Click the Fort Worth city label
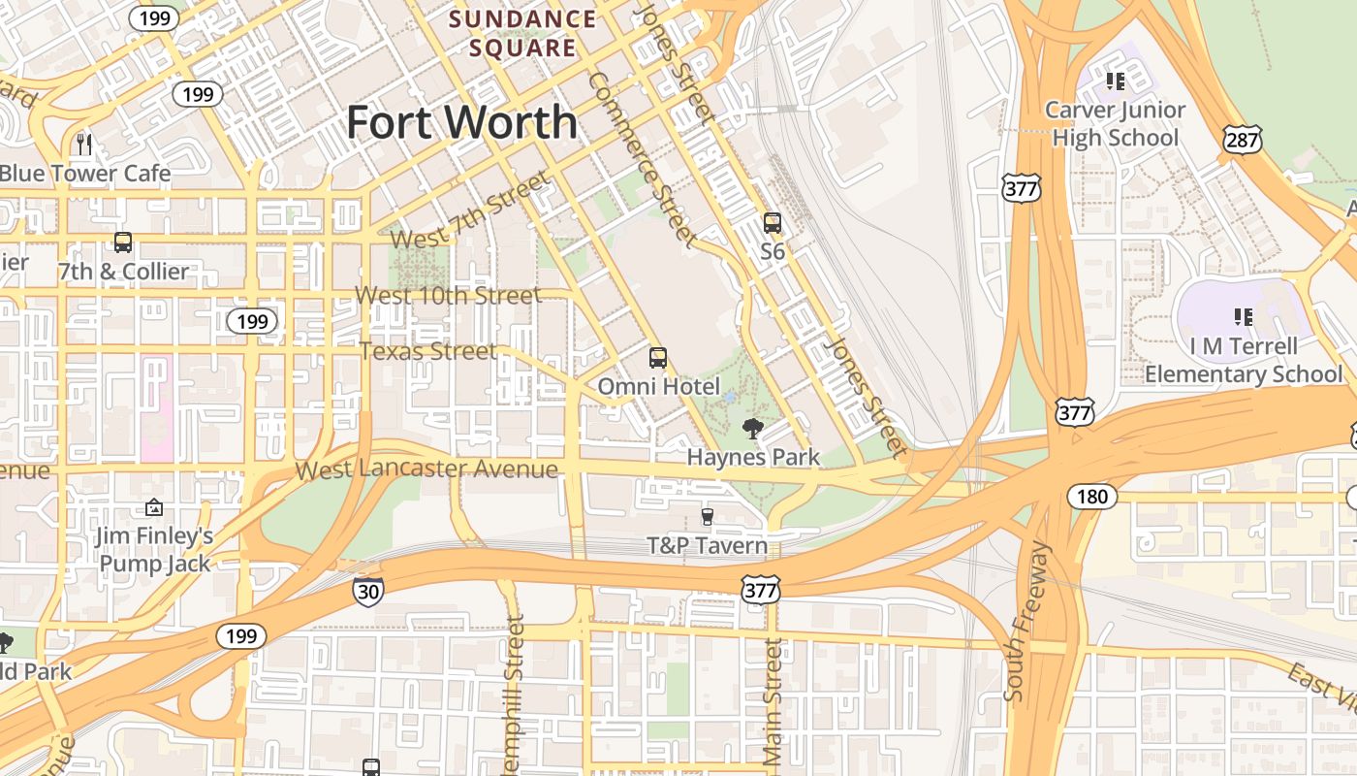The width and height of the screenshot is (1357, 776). coord(461,122)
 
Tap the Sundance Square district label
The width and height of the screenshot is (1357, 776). coord(522,33)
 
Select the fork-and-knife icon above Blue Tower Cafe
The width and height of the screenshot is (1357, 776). coord(84,145)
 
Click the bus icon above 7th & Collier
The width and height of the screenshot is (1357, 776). coord(123,242)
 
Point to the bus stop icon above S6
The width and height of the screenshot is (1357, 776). coord(772,223)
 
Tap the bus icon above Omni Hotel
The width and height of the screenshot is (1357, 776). coord(658,358)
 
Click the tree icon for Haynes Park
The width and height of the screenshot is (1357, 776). coord(752,428)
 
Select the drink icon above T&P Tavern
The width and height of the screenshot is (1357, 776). coord(707,517)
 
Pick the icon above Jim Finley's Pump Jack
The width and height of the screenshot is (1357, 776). coord(153,507)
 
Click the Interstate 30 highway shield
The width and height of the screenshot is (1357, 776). coord(367,591)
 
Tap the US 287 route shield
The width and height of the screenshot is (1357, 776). coord(1242,139)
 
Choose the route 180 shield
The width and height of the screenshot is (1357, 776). coord(1091,497)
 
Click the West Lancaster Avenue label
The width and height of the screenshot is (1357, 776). coord(426,469)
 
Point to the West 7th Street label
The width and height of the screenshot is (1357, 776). coord(470,210)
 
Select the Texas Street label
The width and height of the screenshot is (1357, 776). coord(427,350)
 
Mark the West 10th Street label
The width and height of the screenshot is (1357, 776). coord(448,295)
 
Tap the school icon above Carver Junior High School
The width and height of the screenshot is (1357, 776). coord(1115,81)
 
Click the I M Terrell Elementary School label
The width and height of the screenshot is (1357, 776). coord(1244,360)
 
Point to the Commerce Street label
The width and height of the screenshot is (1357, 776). coord(642,158)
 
